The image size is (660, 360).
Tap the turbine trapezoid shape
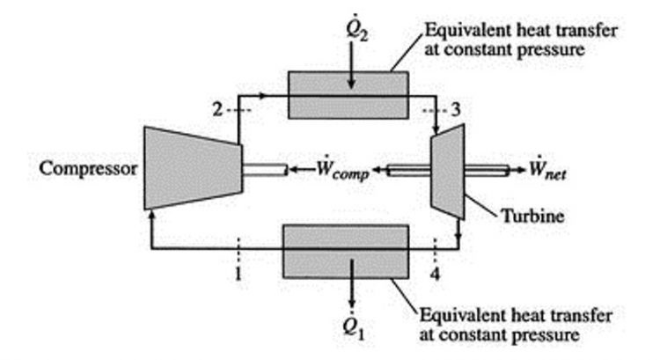[x=448, y=167]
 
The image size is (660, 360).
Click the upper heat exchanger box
[x=348, y=95]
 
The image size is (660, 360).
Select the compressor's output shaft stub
[x=264, y=168]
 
